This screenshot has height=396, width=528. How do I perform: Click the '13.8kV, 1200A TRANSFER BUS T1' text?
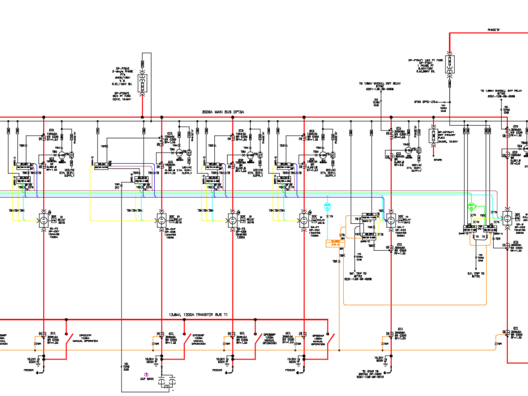tap(198, 315)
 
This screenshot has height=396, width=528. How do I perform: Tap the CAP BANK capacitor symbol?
tap(168, 381)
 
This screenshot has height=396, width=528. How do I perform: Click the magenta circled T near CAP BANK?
tap(146, 374)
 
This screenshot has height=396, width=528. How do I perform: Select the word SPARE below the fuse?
tap(438, 159)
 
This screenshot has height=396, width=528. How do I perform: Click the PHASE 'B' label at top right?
tap(495, 30)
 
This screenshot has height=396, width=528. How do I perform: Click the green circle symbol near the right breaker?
tap(472, 206)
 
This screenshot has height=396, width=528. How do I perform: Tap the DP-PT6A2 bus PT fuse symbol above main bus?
tap(142, 83)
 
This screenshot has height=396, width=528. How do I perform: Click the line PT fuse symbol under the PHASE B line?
tap(449, 64)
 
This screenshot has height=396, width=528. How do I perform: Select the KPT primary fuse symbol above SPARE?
tap(432, 136)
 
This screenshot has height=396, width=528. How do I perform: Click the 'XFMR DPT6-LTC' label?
tap(427, 101)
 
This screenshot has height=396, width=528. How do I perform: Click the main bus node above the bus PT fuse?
tap(142, 118)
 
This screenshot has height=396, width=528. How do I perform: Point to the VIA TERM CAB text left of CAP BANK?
tap(127, 366)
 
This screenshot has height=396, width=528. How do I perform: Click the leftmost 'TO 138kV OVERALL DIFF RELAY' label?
tap(376, 86)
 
